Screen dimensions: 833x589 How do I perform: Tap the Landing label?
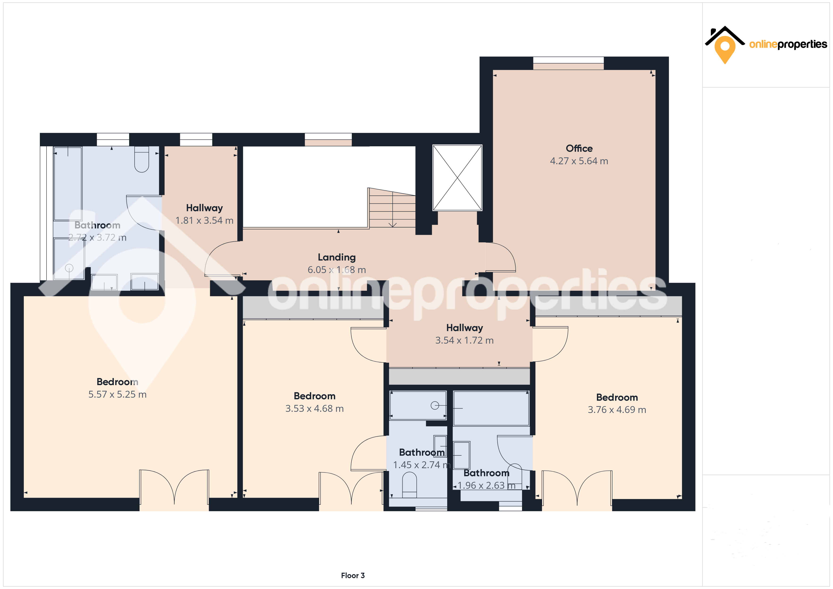coord(337,257)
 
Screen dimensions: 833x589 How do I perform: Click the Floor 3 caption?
coord(353,576)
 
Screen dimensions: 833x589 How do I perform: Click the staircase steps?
coord(392,208)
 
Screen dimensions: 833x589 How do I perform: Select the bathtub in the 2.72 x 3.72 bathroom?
coord(68,184)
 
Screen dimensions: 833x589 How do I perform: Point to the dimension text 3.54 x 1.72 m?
coord(464,340)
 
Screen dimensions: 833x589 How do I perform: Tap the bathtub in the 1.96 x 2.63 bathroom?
coord(491,408)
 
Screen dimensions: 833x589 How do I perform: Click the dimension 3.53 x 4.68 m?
coord(314,408)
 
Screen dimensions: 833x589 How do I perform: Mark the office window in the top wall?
coord(569,63)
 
